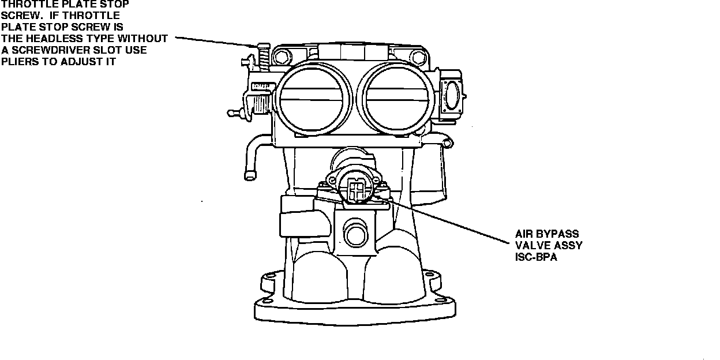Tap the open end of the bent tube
coord(250,175)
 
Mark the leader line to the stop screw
coord(213,41)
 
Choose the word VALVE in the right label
coord(530,245)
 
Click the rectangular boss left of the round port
coord(297,220)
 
